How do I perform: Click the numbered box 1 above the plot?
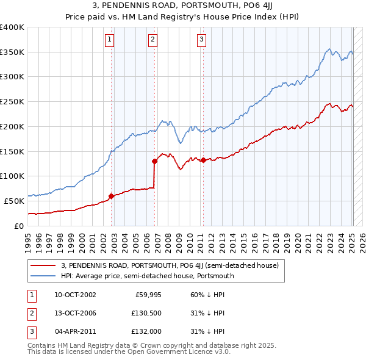[x=110, y=40]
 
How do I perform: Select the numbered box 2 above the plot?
[x=152, y=40]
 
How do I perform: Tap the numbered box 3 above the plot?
[x=201, y=40]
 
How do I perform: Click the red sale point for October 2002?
[x=112, y=196]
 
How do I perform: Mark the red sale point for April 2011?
[x=203, y=160]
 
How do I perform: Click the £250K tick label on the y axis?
[x=12, y=101]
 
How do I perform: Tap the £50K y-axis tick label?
[x=15, y=201]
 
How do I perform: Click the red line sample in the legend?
[x=43, y=266]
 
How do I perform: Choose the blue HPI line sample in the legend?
[x=43, y=276]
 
